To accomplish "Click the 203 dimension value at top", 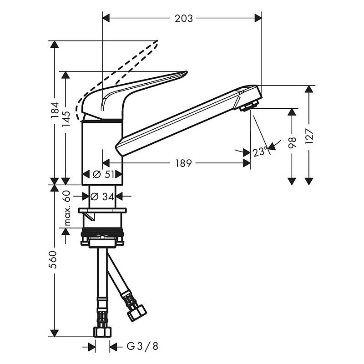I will click(183, 18).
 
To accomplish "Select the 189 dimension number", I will click(183, 163).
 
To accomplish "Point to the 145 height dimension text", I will click(66, 119).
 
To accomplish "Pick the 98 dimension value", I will click(292, 142).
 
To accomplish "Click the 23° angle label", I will click(260, 152).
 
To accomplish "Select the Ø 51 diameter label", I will click(102, 174).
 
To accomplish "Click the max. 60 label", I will click(66, 208).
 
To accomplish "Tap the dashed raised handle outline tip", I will click(156, 42).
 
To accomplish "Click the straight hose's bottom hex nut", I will click(102, 332).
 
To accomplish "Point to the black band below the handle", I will click(102, 121).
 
